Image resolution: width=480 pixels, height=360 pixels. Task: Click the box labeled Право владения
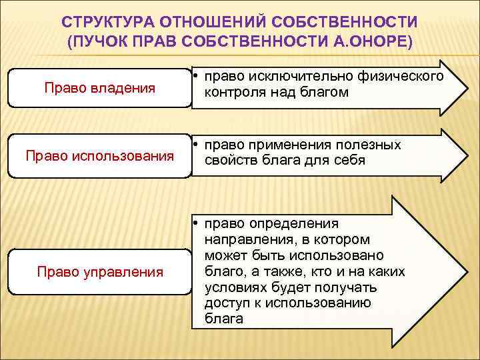point(99,87)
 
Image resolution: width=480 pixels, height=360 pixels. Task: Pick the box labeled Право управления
point(99,271)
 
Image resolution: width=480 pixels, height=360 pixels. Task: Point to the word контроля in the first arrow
point(235,93)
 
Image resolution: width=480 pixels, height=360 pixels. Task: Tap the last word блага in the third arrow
point(223,319)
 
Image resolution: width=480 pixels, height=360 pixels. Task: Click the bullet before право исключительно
point(198,77)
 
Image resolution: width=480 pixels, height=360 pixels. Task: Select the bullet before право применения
point(198,145)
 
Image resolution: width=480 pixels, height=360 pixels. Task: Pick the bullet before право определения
point(198,224)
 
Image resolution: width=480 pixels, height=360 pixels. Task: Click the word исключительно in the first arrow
point(287,76)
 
